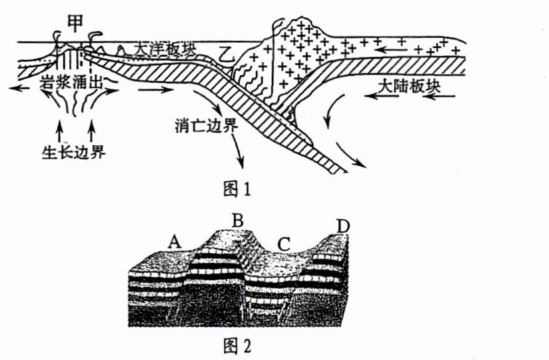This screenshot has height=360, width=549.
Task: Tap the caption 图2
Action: (x=237, y=346)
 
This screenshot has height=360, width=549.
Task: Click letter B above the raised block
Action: (x=238, y=219)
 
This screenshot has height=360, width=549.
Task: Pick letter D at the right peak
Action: (x=342, y=226)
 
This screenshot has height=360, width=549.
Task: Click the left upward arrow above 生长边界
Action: (x=61, y=127)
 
